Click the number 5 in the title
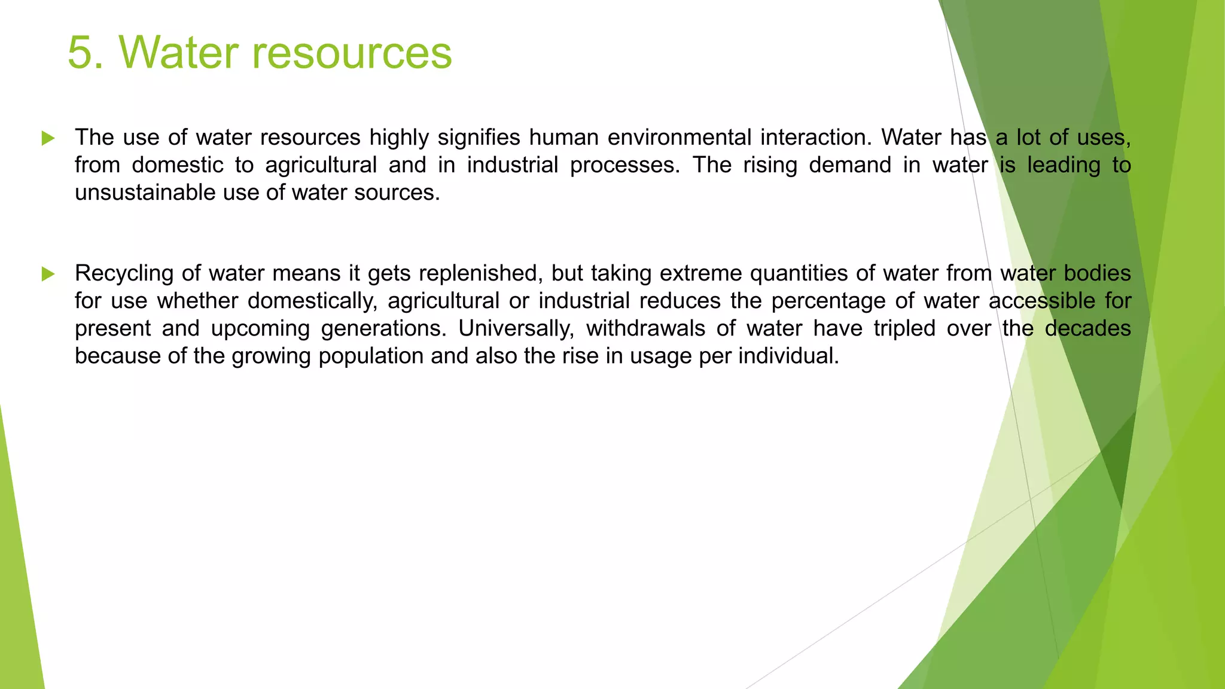click(81, 53)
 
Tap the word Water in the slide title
click(179, 53)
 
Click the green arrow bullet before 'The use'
click(48, 139)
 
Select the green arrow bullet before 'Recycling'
click(48, 275)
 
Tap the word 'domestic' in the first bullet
click(178, 165)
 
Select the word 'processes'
click(624, 165)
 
